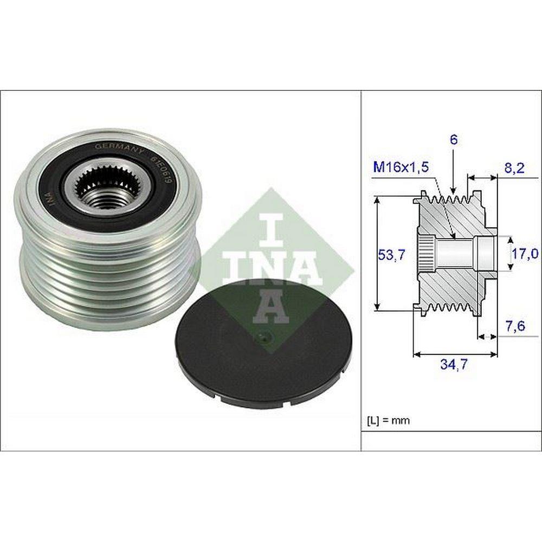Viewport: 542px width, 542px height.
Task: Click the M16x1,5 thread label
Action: pos(401,167)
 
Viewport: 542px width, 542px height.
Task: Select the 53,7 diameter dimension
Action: pos(391,255)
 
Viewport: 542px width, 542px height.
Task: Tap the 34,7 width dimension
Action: pos(454,364)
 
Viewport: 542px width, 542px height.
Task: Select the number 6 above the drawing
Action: pos(454,140)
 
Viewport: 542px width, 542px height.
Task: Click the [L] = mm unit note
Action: pos(388,421)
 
